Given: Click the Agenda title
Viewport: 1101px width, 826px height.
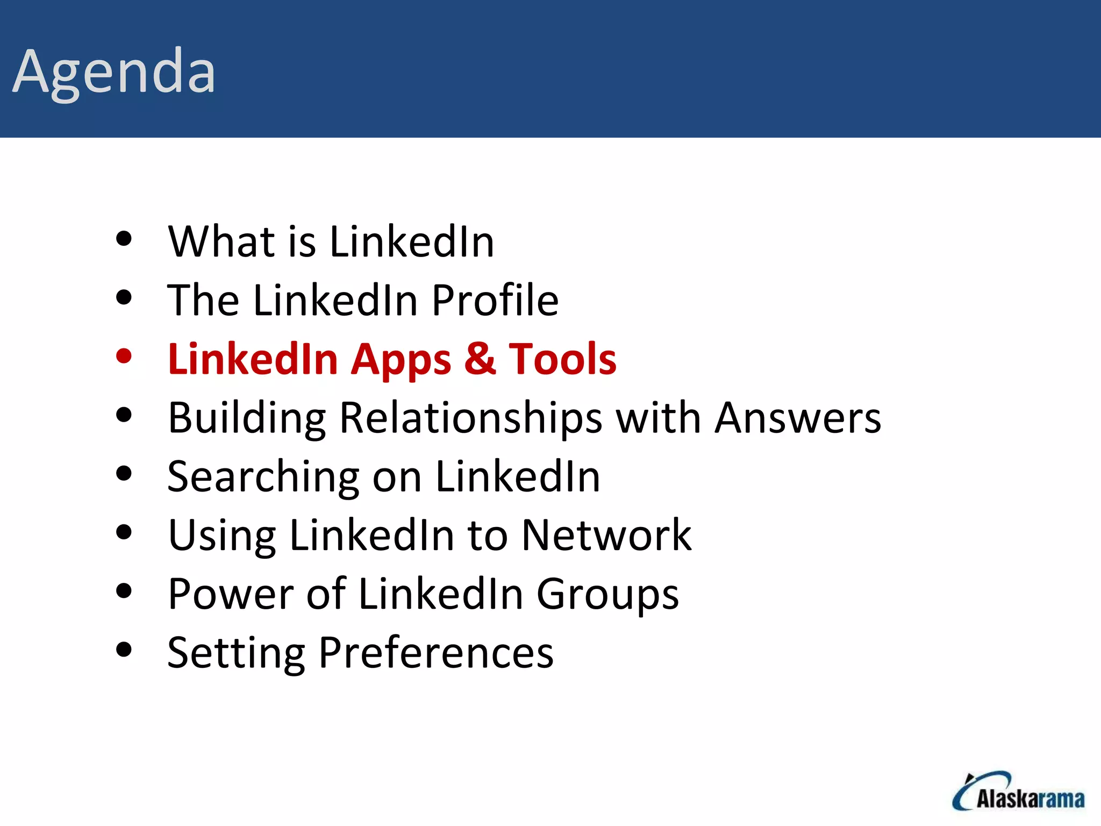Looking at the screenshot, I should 114,72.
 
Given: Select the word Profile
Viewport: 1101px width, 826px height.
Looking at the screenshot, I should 495,300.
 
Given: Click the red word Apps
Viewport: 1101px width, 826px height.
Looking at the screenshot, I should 401,359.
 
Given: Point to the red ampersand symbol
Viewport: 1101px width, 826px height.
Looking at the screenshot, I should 480,359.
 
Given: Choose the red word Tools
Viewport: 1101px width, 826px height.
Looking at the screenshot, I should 562,359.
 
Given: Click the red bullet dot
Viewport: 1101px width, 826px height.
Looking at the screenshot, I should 124,356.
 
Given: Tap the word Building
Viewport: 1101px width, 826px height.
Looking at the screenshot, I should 247,418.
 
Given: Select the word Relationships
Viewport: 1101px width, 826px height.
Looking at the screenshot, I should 471,418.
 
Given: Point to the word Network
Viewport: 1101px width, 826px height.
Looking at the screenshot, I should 606,535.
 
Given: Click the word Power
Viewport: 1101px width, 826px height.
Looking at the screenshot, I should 231,594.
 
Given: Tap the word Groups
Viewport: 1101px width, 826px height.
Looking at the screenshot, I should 607,595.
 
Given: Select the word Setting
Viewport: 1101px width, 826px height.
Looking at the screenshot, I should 237,653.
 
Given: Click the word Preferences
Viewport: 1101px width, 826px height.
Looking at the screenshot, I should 435,652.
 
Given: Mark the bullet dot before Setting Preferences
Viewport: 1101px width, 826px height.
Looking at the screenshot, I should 124,650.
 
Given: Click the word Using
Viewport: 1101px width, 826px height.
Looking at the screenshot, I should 222,536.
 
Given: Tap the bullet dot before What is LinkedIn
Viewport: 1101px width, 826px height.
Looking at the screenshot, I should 124,239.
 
